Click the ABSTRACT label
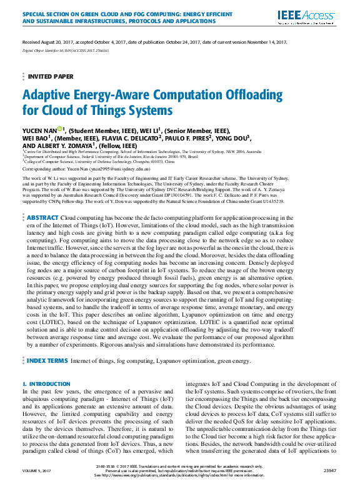coord(42,217)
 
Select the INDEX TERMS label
coord(47,360)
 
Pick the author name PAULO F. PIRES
coord(187,138)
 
